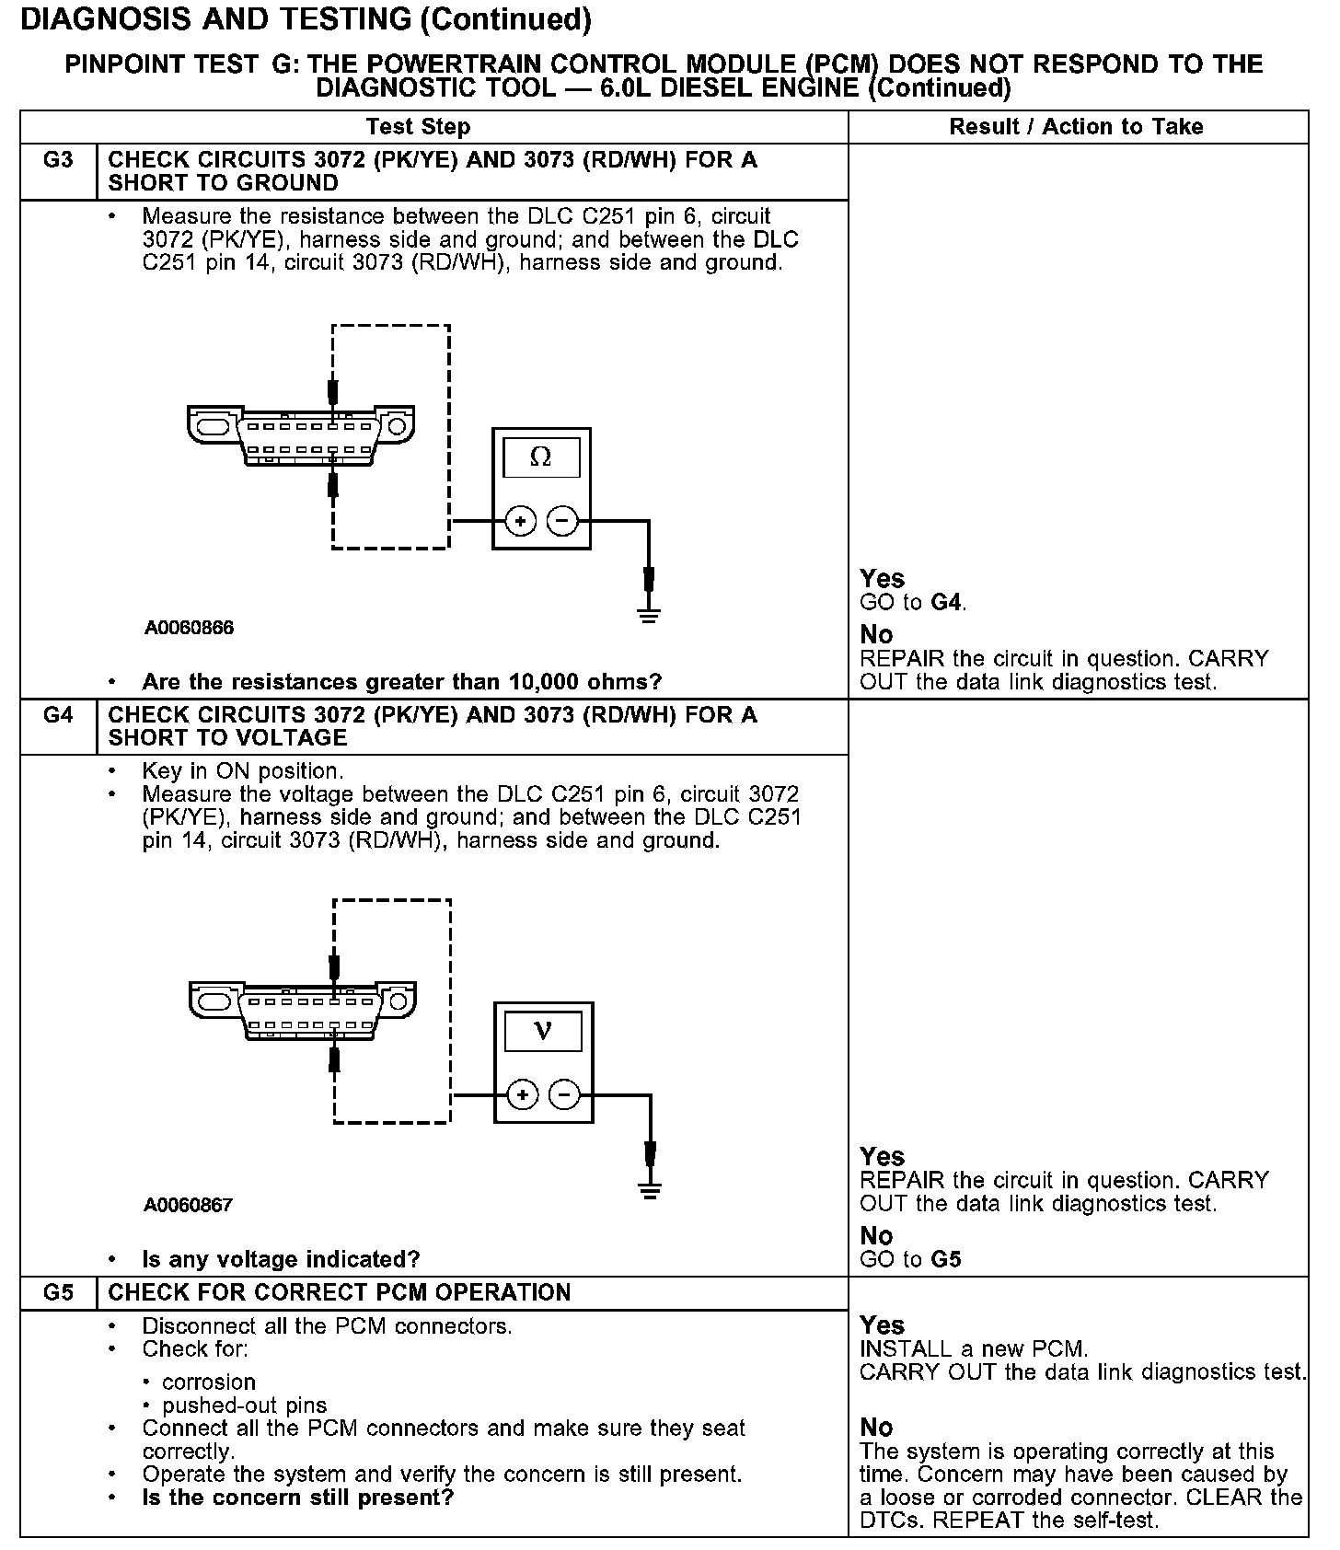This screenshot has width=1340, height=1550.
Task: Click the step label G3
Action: (58, 160)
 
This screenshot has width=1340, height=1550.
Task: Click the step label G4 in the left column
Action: (58, 715)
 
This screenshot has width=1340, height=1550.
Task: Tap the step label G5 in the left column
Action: (58, 1292)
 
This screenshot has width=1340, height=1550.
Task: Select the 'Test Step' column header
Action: (418, 127)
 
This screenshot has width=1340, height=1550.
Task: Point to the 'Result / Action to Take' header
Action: (1076, 127)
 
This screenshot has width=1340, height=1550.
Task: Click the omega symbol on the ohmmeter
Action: (541, 457)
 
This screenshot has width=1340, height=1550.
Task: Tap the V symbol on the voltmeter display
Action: (543, 1031)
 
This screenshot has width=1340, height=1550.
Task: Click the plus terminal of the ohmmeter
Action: (520, 522)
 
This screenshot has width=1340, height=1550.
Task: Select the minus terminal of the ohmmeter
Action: (562, 522)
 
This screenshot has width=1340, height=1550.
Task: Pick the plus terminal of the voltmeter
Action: (522, 1095)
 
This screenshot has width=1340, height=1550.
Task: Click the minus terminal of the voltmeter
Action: (564, 1095)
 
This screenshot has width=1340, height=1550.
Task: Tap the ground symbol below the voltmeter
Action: (651, 1190)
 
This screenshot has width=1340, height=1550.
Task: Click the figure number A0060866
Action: (189, 629)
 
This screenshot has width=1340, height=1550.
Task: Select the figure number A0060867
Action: (189, 1205)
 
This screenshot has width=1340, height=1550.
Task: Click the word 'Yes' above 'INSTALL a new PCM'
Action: (882, 1325)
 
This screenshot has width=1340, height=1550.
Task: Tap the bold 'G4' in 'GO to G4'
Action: (947, 603)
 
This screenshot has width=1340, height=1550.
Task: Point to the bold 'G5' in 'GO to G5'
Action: (946, 1259)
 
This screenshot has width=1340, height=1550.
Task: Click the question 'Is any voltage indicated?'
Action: (281, 1259)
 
